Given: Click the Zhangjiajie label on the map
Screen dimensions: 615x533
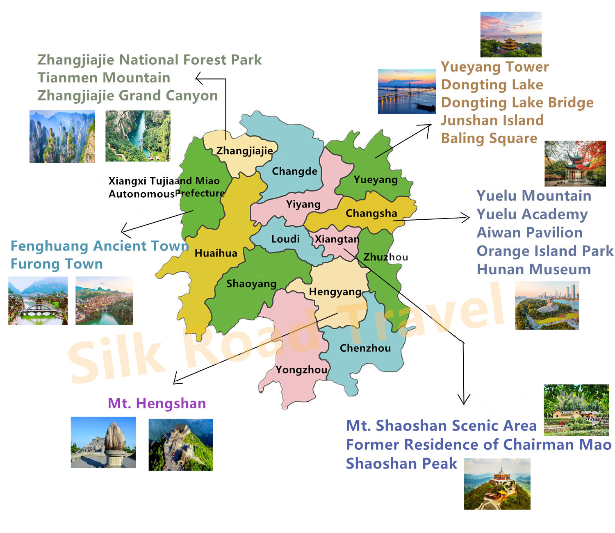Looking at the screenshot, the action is click(244, 151).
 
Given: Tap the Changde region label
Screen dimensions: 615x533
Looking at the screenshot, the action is click(294, 171).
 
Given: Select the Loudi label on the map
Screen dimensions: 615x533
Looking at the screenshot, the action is click(285, 239).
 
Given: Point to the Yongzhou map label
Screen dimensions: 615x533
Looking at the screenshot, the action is click(301, 370).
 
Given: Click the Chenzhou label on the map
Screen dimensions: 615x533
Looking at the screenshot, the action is click(365, 348).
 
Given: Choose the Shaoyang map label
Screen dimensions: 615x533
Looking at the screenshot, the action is click(251, 284).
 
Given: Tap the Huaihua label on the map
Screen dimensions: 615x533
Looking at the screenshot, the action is click(216, 253).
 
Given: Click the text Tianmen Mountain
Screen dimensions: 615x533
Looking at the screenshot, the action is click(104, 77).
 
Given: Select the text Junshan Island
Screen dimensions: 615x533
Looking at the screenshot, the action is click(492, 120).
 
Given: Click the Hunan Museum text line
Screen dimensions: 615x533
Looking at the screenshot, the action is click(534, 269).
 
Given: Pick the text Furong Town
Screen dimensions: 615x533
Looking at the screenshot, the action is click(57, 264).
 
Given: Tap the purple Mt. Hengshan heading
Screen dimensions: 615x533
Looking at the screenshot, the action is click(157, 403).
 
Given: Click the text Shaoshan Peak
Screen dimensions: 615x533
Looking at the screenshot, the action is click(401, 463).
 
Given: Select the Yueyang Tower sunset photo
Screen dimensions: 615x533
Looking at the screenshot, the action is click(511, 34).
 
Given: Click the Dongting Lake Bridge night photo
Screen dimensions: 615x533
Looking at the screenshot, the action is click(407, 91).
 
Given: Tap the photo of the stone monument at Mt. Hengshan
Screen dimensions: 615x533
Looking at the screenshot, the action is click(103, 442).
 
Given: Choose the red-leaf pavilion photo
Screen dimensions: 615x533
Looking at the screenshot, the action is click(575, 164).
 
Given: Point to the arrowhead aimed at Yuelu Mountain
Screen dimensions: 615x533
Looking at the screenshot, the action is click(467, 218).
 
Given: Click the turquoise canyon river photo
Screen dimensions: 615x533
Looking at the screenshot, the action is click(138, 136).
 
